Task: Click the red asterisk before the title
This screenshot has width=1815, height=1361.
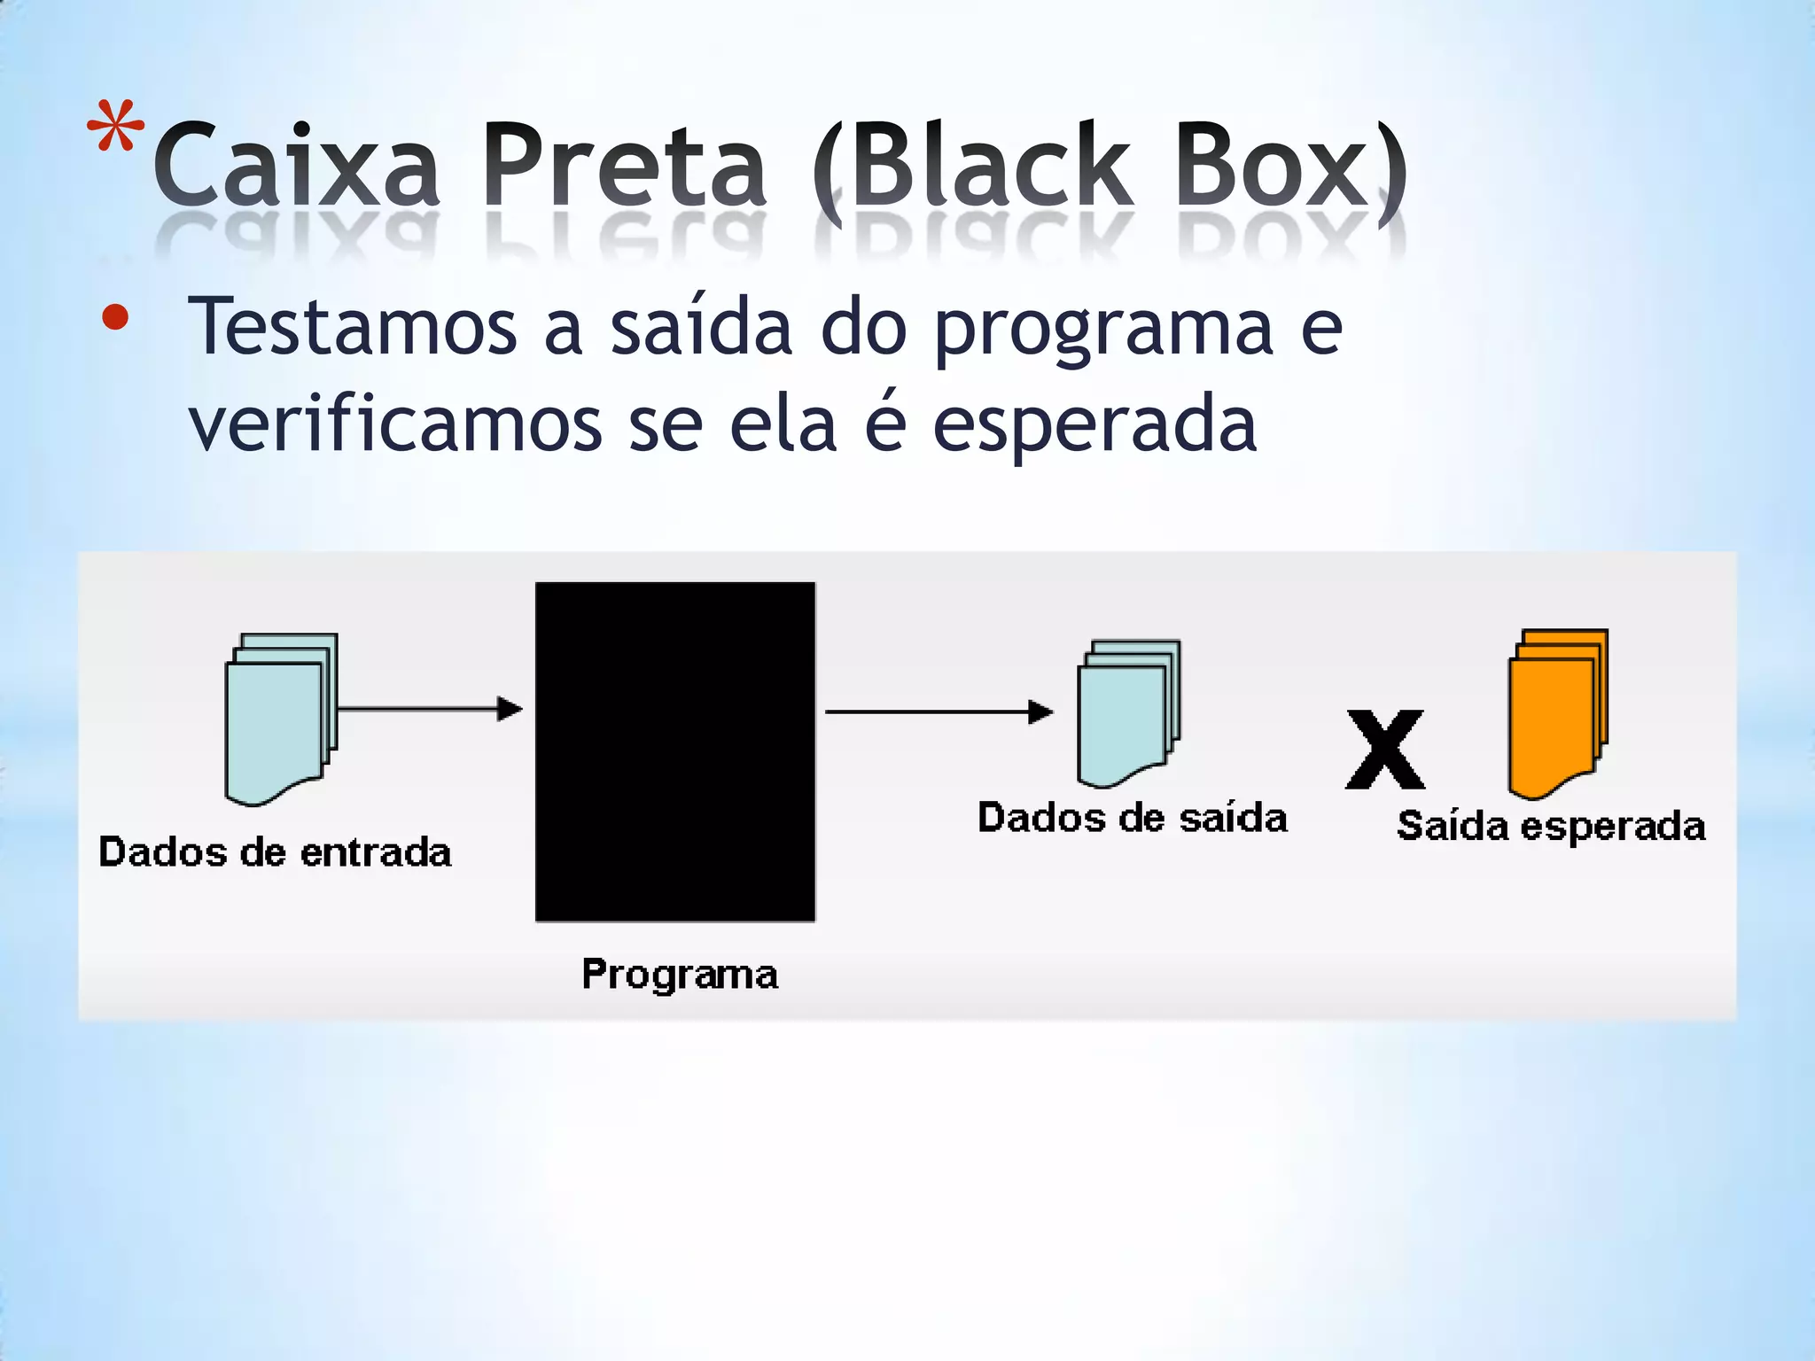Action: click(115, 128)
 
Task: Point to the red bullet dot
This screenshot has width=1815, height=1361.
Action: click(115, 317)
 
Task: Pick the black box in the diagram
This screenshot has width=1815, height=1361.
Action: click(675, 751)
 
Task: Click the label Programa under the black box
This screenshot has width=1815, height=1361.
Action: click(680, 975)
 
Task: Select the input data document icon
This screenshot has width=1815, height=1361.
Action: click(280, 718)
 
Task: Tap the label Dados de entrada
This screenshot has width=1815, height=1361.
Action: click(275, 852)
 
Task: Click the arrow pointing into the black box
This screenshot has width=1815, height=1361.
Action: click(430, 709)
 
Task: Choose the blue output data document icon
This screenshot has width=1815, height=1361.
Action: click(1128, 712)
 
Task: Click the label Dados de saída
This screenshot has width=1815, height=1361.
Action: click(1132, 818)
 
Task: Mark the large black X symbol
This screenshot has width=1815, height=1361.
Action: click(1385, 750)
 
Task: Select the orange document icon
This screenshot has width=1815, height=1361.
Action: click(1557, 712)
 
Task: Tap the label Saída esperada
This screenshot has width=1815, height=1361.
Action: click(1551, 827)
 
